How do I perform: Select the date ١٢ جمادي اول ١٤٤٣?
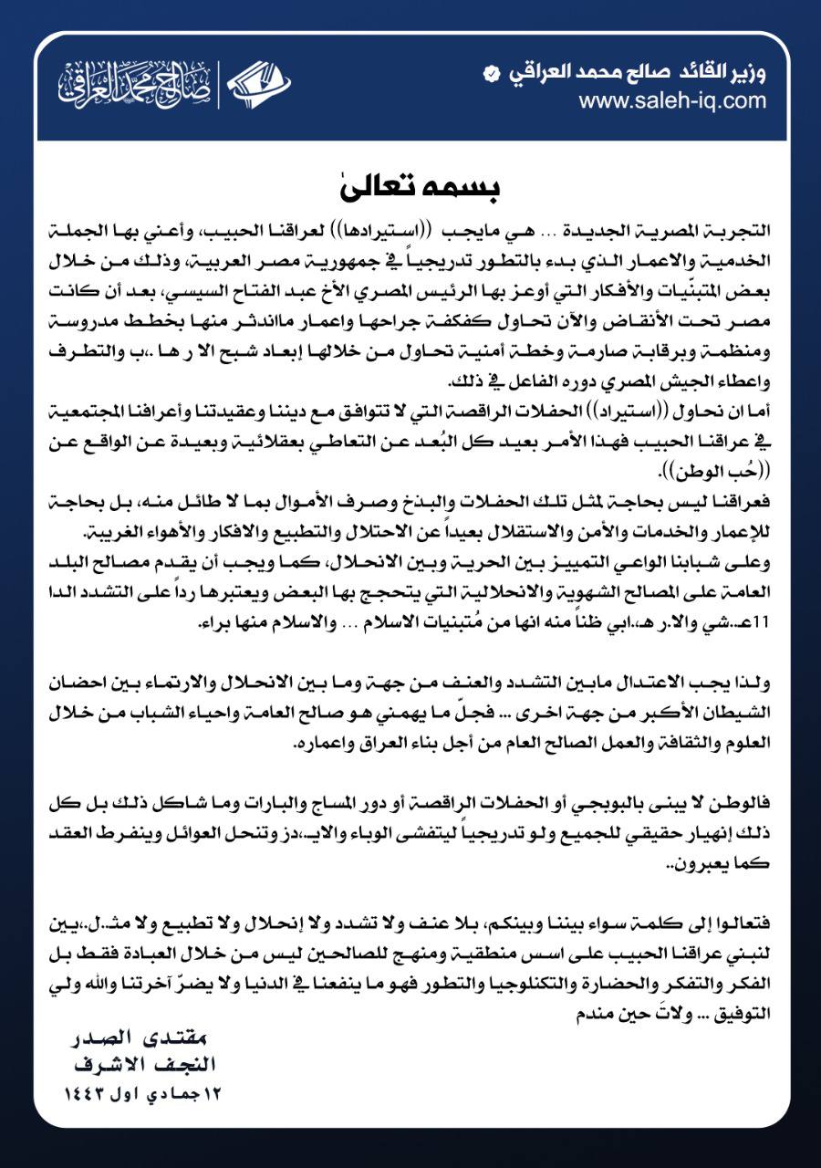coord(146,1092)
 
